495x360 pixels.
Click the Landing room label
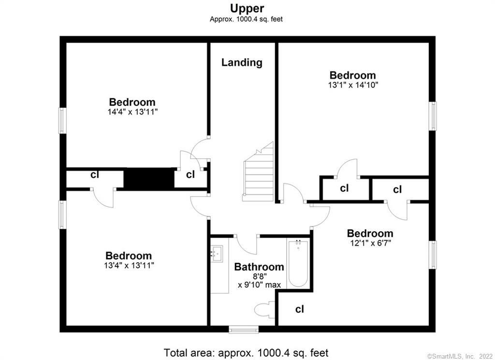tap(242, 62)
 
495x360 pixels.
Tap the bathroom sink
tap(216, 253)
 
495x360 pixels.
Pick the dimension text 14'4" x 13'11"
tap(132, 112)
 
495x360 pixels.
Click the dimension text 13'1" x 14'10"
tap(352, 85)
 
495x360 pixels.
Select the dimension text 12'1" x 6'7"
tap(370, 243)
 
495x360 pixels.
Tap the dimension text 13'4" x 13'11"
tap(129, 265)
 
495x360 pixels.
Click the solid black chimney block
tap(149, 178)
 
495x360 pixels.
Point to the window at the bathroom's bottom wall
tap(244, 330)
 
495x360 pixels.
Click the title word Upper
tap(247, 8)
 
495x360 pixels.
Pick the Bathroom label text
tap(259, 267)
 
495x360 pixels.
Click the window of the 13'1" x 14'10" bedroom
tap(433, 116)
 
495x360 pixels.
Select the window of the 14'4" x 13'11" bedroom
tap(62, 120)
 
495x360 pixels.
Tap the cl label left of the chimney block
tap(95, 175)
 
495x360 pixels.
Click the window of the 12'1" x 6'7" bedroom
tap(433, 255)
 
